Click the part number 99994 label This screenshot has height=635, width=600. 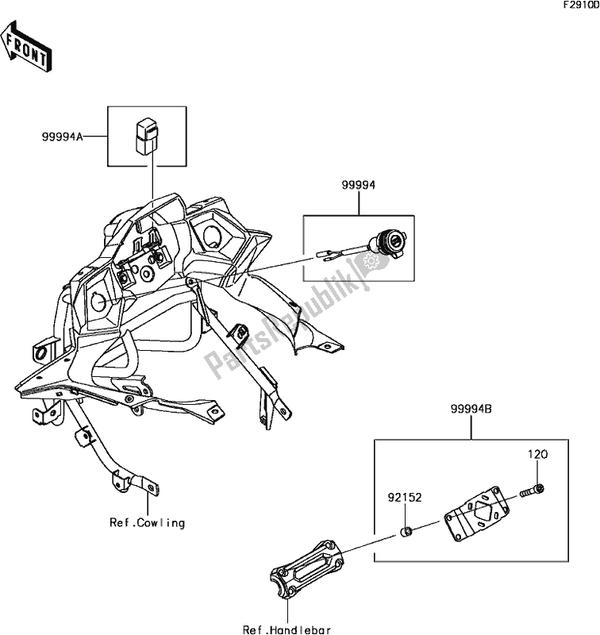pos(358,185)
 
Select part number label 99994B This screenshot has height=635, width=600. pos(471,408)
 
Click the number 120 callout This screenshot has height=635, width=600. pos(537,456)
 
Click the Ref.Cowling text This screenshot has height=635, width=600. pos(148,523)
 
